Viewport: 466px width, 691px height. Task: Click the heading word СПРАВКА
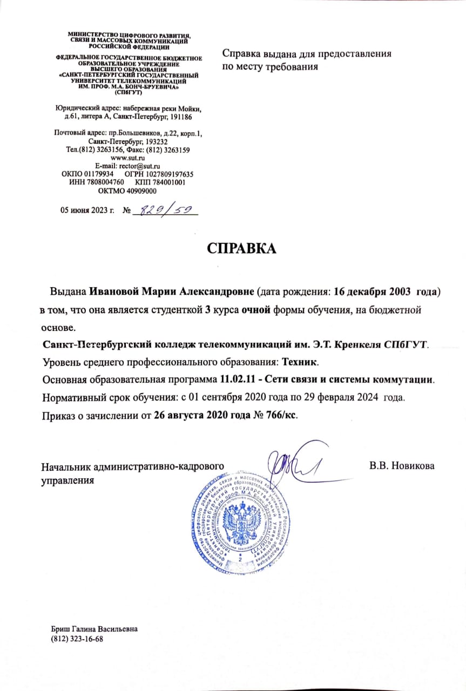click(x=241, y=248)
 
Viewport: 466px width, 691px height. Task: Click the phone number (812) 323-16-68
click(x=77, y=639)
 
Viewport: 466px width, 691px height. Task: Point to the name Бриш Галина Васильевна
click(x=94, y=629)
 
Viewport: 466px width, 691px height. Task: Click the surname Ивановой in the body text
click(x=114, y=292)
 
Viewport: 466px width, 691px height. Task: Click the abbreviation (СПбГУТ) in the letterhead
click(x=128, y=93)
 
